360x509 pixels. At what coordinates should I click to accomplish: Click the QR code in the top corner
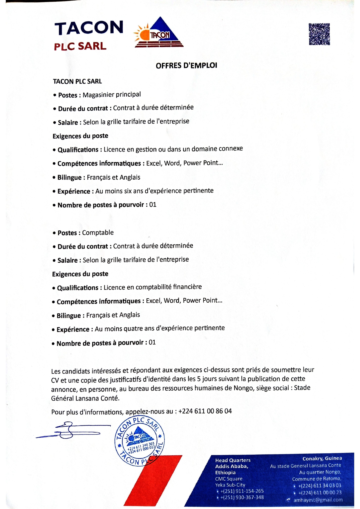(x=319, y=34)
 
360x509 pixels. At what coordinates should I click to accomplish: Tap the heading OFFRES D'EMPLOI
(x=186, y=66)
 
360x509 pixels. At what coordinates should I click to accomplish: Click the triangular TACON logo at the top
(x=159, y=33)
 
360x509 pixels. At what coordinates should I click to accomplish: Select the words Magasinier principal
(x=112, y=95)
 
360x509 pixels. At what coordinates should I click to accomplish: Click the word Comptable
(x=98, y=232)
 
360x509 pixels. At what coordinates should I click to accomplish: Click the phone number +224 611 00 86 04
(x=205, y=411)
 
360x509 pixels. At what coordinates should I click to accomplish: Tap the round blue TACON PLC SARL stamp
(x=140, y=441)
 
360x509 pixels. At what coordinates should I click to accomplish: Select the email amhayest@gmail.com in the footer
(x=318, y=500)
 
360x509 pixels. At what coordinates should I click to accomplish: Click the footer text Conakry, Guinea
(x=322, y=459)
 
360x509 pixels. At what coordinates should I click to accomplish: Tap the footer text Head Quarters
(x=233, y=460)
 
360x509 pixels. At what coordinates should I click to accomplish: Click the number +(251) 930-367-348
(x=242, y=497)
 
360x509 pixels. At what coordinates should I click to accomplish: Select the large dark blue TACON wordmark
(x=89, y=28)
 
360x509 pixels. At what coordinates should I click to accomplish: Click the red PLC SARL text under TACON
(x=80, y=46)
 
